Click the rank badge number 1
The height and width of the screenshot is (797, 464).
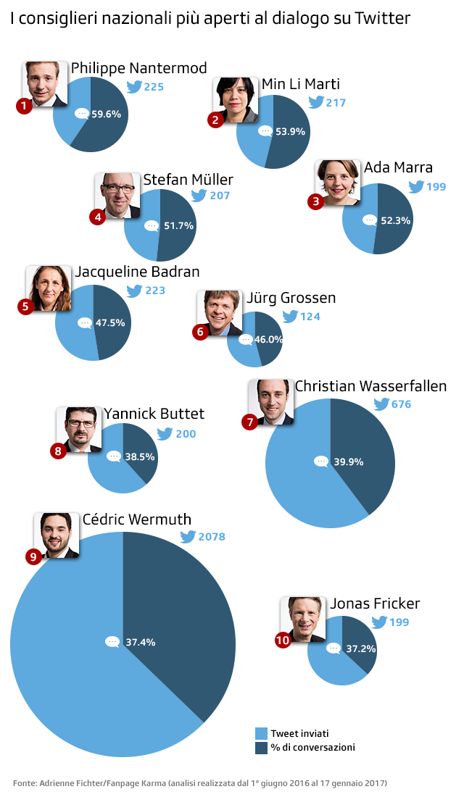tap(25, 107)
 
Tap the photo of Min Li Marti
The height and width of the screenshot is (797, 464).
tap(236, 99)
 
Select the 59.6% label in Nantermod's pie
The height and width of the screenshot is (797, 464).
tap(106, 114)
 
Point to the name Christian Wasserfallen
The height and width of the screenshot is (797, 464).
tap(370, 386)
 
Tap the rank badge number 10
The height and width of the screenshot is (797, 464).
tap(283, 640)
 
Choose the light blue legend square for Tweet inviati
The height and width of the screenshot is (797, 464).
tap(262, 733)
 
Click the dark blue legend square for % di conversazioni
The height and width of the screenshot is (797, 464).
tap(262, 747)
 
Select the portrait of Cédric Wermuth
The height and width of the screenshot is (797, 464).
tap(57, 535)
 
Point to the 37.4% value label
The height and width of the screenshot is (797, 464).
tap(140, 642)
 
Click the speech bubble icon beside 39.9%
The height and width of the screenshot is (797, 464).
tap(321, 461)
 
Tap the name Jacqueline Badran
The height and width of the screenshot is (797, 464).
tap(137, 272)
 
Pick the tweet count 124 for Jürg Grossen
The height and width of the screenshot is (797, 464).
tap(310, 317)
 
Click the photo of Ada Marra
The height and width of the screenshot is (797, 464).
tap(338, 182)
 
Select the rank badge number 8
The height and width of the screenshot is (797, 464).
tap(59, 451)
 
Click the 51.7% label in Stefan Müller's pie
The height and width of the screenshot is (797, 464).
tap(178, 226)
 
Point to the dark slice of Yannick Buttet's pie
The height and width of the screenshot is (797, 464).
tap(141, 449)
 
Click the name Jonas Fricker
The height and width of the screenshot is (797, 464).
tap(375, 604)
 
